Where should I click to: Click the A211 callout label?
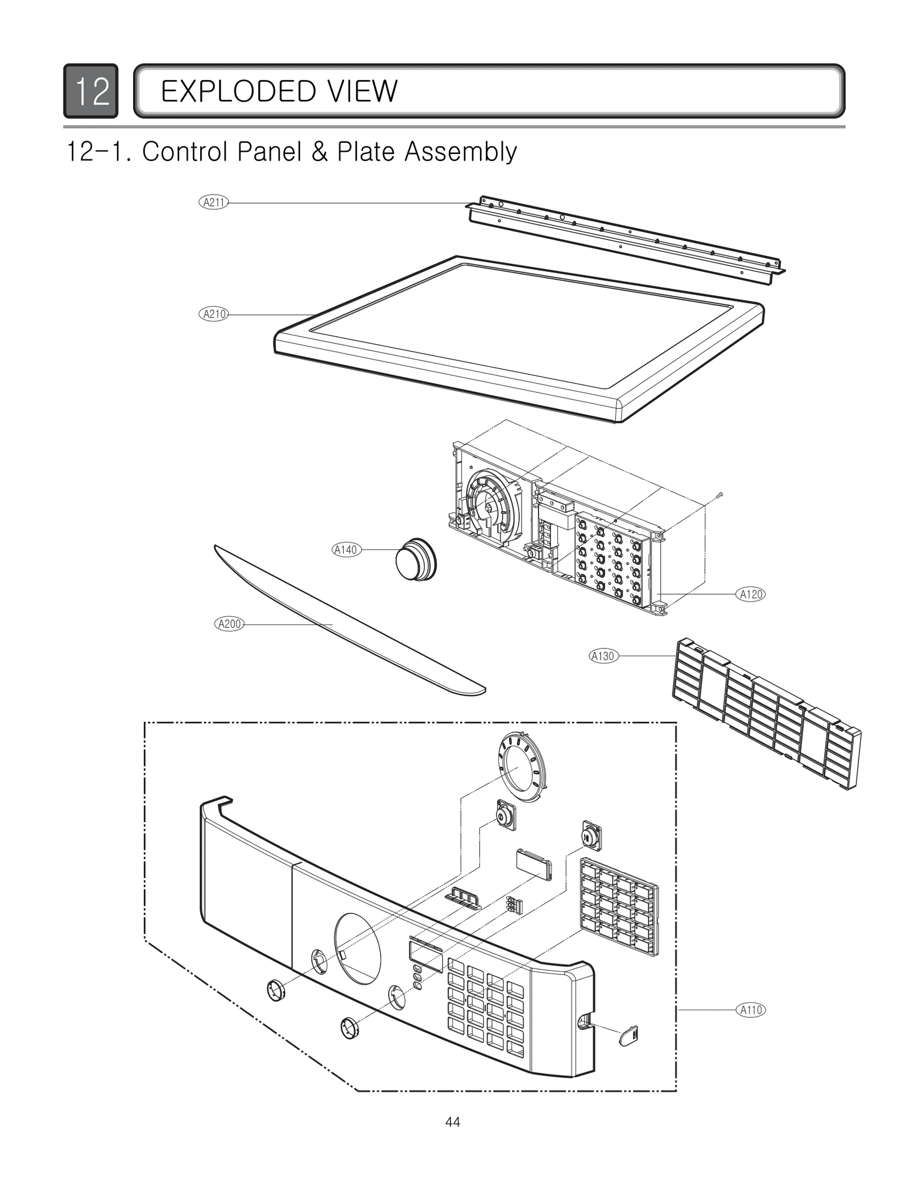coord(213,202)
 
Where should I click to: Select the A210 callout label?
coord(213,314)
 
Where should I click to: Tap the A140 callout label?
coord(346,549)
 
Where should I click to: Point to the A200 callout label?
coord(230,624)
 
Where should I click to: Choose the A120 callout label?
coord(751,594)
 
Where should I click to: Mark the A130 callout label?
coord(603,656)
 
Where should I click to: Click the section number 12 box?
coord(91,91)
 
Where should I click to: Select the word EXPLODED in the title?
coord(233,91)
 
